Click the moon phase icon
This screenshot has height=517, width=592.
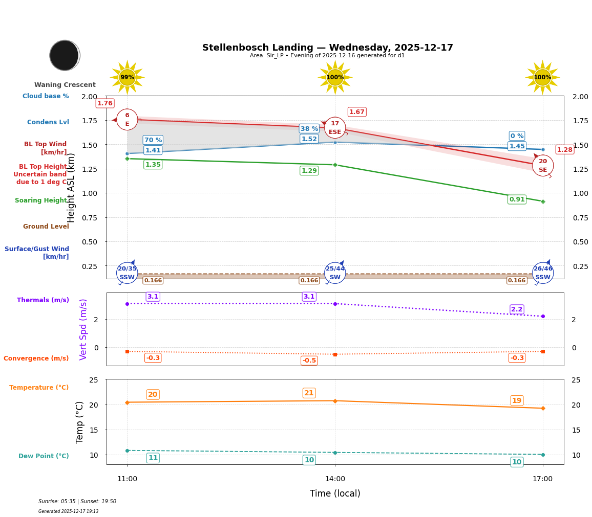[x=65, y=55]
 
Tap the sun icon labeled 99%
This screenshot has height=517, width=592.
[x=127, y=78]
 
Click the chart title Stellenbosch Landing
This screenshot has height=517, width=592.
[x=327, y=48]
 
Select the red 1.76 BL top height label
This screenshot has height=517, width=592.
[x=105, y=103]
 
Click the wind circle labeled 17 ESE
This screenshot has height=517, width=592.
[x=335, y=128]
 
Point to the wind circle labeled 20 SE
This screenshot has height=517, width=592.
[x=542, y=166]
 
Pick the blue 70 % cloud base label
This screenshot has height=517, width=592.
[x=153, y=140]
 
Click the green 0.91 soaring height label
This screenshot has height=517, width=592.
[x=517, y=199]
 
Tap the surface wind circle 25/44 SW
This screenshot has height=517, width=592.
[x=335, y=273]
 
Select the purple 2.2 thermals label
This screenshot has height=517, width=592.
[x=517, y=309]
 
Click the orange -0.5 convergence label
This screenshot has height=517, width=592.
[x=309, y=361]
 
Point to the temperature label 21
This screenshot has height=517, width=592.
[x=309, y=393]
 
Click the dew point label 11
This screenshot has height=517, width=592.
[x=153, y=458]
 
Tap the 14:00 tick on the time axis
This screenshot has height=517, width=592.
[x=335, y=479]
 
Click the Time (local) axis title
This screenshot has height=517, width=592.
[x=335, y=493]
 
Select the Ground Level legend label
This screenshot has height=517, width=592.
[x=46, y=227]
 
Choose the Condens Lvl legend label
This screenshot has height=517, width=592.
[x=48, y=122]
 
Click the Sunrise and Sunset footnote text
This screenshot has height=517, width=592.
[x=77, y=502]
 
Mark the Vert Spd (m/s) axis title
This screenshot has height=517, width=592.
[x=83, y=329]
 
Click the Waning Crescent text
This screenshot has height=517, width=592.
[x=65, y=85]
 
